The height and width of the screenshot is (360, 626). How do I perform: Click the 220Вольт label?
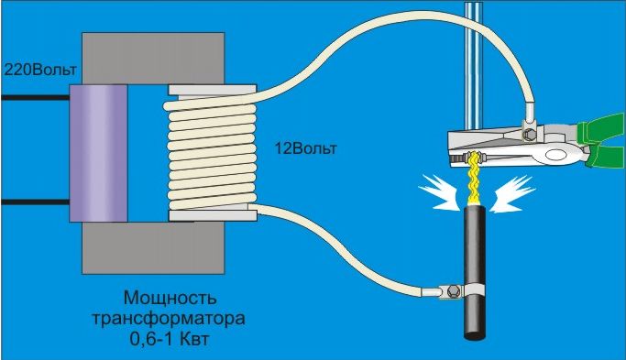(x=40, y=70)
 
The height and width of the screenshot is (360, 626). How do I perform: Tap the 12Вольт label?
(x=306, y=148)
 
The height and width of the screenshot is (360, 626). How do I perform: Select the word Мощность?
(x=170, y=298)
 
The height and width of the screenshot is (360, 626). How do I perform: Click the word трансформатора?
(x=169, y=319)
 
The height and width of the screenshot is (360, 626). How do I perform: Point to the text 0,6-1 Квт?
(x=170, y=339)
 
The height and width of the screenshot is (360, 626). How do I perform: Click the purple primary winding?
(x=99, y=153)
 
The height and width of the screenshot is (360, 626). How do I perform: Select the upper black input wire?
(x=35, y=97)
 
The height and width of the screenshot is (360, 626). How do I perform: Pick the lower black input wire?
(x=35, y=202)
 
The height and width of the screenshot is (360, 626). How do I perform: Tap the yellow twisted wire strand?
(x=474, y=178)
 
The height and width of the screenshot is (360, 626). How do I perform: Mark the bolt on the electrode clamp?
(x=454, y=291)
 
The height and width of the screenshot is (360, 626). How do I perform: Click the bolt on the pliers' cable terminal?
(x=529, y=135)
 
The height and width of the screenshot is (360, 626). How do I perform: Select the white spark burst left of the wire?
(x=439, y=192)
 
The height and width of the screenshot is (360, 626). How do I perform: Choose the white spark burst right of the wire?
(x=513, y=193)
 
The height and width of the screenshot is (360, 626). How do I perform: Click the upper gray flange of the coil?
(x=213, y=90)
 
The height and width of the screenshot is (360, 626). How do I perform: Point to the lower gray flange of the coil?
(x=213, y=216)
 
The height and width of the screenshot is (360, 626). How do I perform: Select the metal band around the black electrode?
(x=474, y=290)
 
